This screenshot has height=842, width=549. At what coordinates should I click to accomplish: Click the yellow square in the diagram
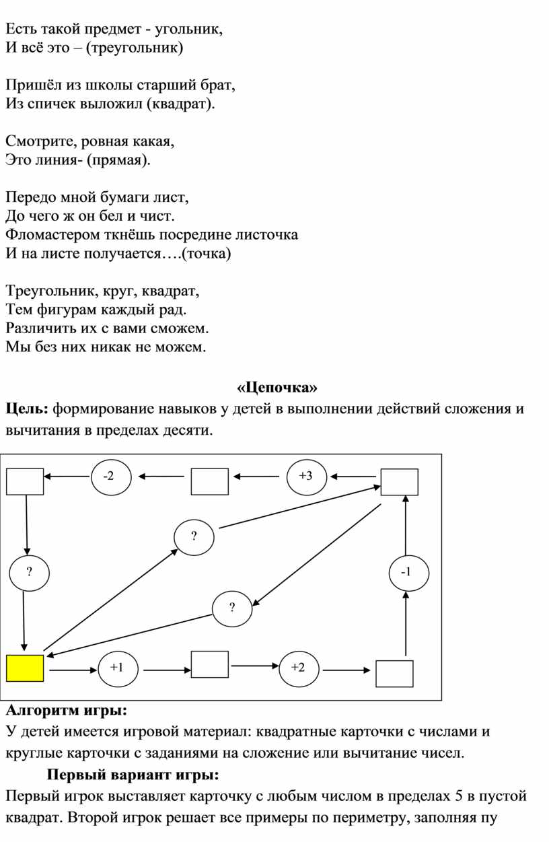coord(25,669)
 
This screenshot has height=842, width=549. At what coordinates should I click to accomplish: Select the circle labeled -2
coord(108,477)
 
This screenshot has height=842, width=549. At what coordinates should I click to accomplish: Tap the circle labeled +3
coord(305,477)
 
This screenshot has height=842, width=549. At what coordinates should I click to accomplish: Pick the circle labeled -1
coord(405,572)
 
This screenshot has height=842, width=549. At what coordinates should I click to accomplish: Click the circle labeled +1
coord(116,669)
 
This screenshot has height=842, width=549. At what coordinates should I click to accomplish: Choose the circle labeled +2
coord(298,668)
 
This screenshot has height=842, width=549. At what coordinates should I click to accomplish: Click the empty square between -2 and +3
coord(209,481)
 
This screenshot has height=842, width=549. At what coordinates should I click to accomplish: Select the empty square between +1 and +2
coord(209,664)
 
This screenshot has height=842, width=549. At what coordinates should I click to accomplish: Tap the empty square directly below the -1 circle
coord(394,673)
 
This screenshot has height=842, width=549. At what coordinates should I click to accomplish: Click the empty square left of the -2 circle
coord(25,481)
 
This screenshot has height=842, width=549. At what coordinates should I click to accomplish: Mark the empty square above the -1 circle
coord(400,482)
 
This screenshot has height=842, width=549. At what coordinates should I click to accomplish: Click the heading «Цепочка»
coord(277,388)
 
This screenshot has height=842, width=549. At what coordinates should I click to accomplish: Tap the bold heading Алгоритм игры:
coord(65,709)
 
